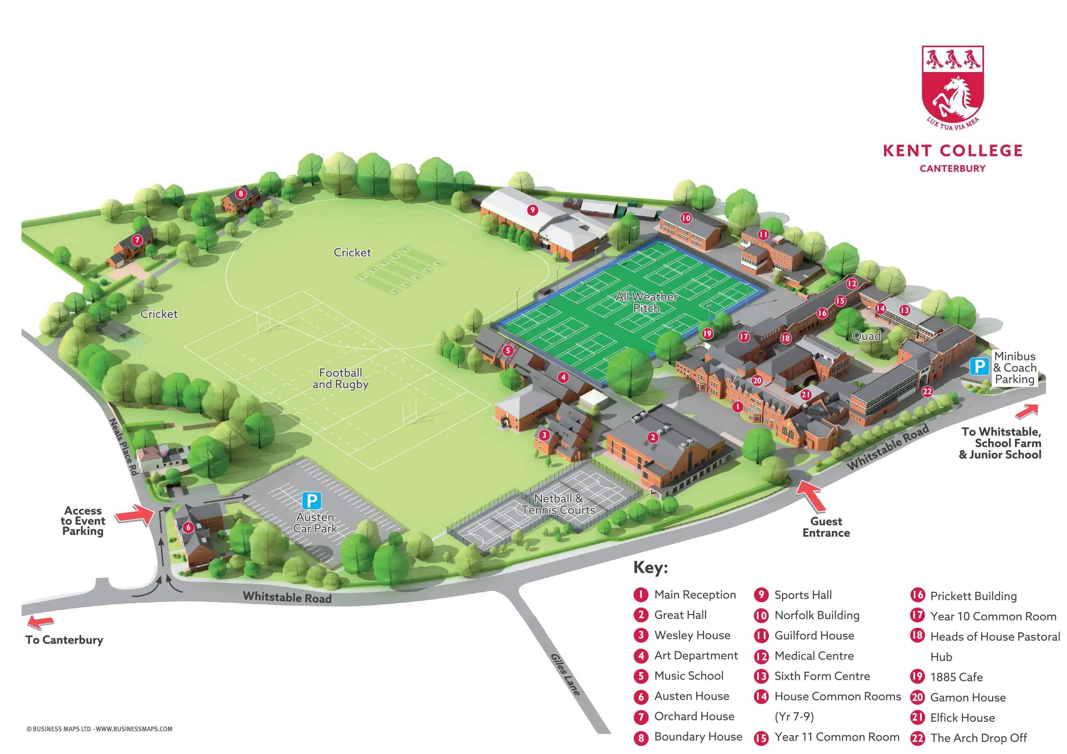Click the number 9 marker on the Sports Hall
(x=533, y=210)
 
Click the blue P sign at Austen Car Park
(x=311, y=501)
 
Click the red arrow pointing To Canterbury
(x=41, y=622)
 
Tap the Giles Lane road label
(x=565, y=674)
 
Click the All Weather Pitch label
(x=646, y=302)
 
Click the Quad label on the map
(x=866, y=336)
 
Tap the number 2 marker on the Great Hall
(x=653, y=437)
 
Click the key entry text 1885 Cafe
(x=956, y=677)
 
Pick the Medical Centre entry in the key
(x=814, y=656)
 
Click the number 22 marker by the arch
(x=927, y=391)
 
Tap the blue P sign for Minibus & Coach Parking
(x=979, y=367)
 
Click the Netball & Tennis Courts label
(x=558, y=504)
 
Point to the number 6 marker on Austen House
(x=188, y=527)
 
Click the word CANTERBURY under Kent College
(x=952, y=169)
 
